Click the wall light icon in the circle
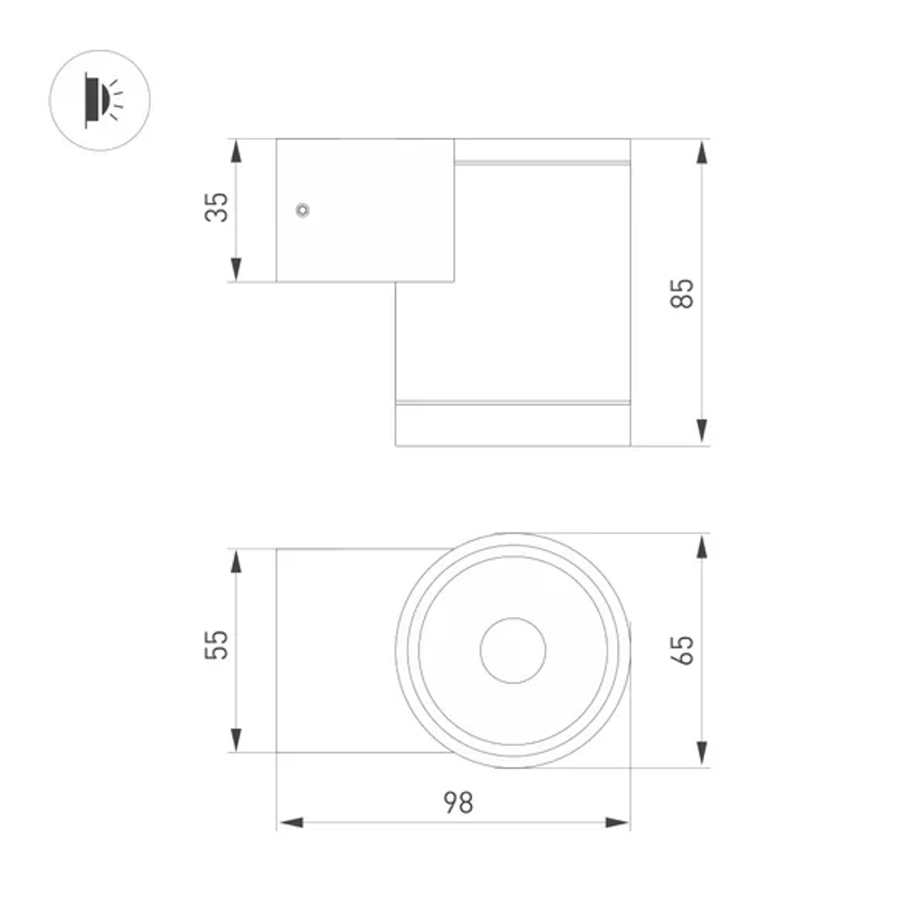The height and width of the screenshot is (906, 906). click(99, 100)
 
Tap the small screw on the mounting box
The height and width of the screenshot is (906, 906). click(303, 210)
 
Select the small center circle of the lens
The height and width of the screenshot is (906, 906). click(513, 651)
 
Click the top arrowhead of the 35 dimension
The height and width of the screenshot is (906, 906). click(236, 151)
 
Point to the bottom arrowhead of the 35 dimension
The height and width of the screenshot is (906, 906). click(236, 269)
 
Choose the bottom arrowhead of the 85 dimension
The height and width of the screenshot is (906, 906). click(702, 433)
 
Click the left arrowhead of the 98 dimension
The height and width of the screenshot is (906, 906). click(290, 823)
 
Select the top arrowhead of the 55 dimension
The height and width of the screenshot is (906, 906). click(236, 561)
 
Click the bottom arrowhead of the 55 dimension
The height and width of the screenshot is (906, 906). click(236, 739)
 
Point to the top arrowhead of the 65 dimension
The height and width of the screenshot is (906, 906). click(702, 547)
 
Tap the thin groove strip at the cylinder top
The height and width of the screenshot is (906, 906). click(542, 164)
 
